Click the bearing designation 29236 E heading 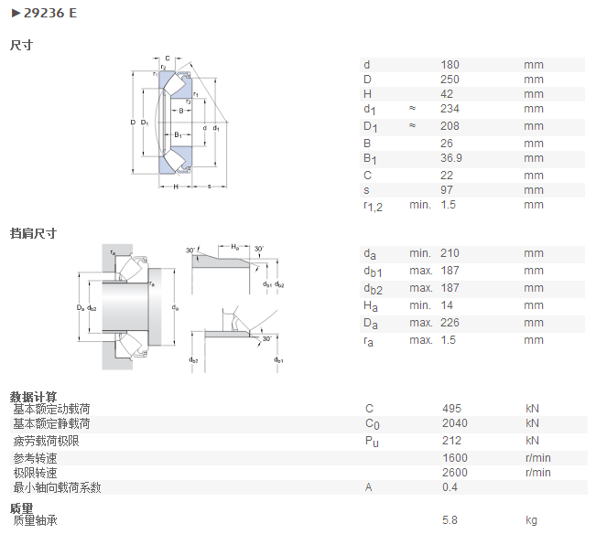49,14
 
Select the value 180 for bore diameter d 450,65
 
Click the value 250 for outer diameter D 450,80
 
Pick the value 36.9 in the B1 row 451,158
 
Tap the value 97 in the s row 447,190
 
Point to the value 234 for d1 450,109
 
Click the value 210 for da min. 450,253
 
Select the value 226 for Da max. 450,323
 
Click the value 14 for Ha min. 447,305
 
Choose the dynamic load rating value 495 451,409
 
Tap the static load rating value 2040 455,423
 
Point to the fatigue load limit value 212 451,441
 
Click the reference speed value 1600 455,458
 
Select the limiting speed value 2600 455,473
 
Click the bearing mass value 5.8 450,520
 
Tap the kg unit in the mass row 531,520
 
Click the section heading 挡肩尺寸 33,233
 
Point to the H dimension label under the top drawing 176,187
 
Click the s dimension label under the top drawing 209,187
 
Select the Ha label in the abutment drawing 235,248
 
